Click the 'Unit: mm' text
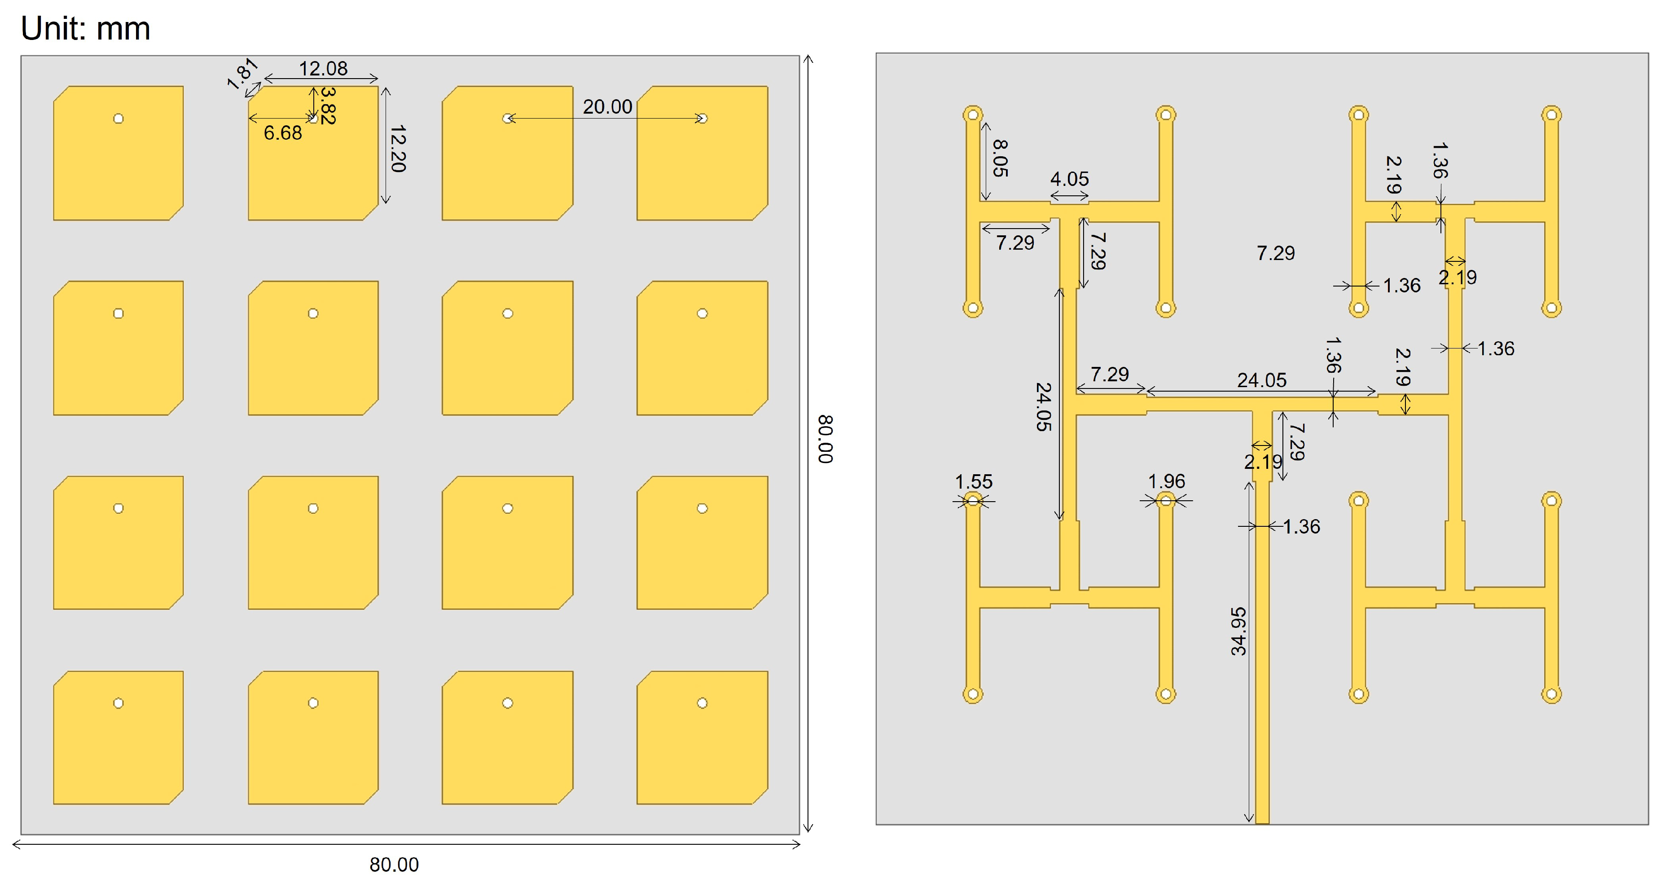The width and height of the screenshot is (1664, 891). (x=85, y=28)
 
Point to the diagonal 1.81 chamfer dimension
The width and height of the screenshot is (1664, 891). (x=242, y=74)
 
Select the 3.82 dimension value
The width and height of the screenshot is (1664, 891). (x=328, y=106)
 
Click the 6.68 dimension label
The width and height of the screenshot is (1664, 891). (x=282, y=133)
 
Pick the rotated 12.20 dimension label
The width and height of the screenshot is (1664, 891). (x=398, y=149)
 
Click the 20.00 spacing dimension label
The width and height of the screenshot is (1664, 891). (x=607, y=106)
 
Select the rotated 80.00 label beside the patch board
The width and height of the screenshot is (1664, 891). (x=825, y=439)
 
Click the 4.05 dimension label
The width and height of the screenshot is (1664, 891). (x=1069, y=179)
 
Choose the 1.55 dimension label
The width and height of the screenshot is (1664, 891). (x=974, y=481)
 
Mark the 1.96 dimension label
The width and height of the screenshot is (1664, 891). (x=1166, y=481)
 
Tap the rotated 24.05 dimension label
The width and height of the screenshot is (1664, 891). (x=1043, y=407)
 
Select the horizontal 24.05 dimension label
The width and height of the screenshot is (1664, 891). (x=1261, y=380)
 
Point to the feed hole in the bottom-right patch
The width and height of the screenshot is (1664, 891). (x=702, y=703)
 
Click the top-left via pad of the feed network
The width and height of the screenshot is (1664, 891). (x=973, y=115)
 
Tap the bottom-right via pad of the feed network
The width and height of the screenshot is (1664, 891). (x=1551, y=695)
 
